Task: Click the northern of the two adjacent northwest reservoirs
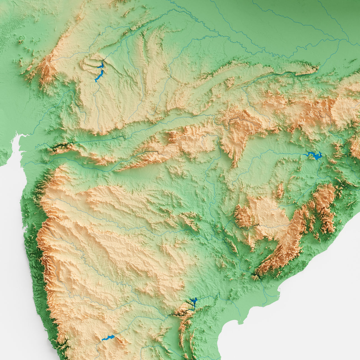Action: tap(101, 66)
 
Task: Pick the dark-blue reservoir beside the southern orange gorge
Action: tap(193, 301)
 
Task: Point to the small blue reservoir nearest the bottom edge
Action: tap(108, 338)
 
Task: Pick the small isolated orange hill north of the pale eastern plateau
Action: tap(280, 191)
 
